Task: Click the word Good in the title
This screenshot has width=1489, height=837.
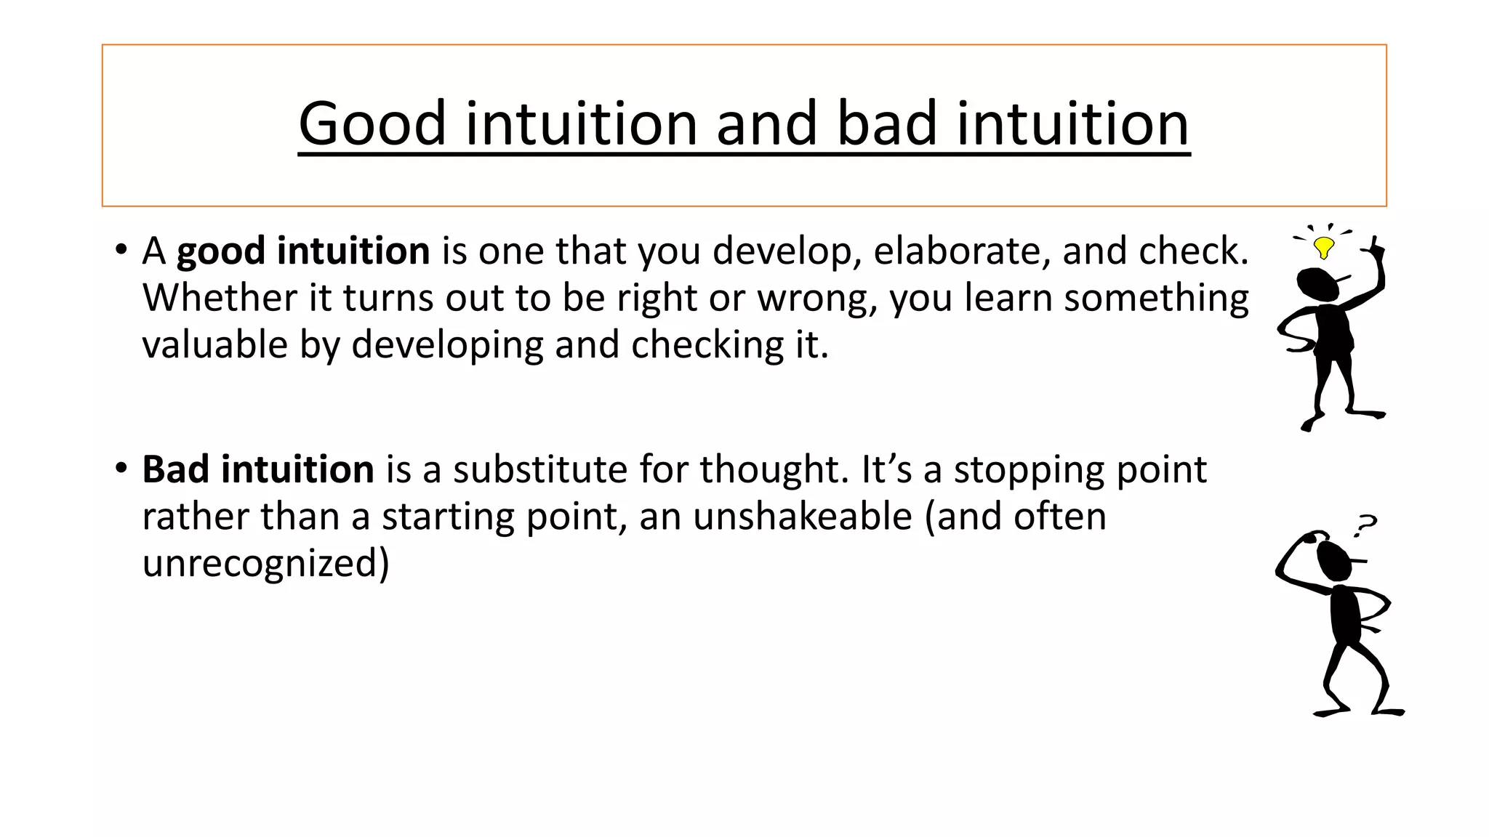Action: [372, 124]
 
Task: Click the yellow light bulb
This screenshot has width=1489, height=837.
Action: [1324, 247]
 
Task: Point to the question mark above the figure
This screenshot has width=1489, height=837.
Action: [1365, 525]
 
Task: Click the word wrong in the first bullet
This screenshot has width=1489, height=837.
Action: [816, 298]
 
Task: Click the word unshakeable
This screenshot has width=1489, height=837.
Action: [802, 517]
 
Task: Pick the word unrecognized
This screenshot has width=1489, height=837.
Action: [265, 563]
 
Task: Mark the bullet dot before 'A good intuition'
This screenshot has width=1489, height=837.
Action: [121, 249]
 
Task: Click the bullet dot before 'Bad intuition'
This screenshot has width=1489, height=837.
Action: [121, 468]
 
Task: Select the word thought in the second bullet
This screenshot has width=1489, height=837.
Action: [774, 469]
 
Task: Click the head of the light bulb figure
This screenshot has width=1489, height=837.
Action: [1317, 284]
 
